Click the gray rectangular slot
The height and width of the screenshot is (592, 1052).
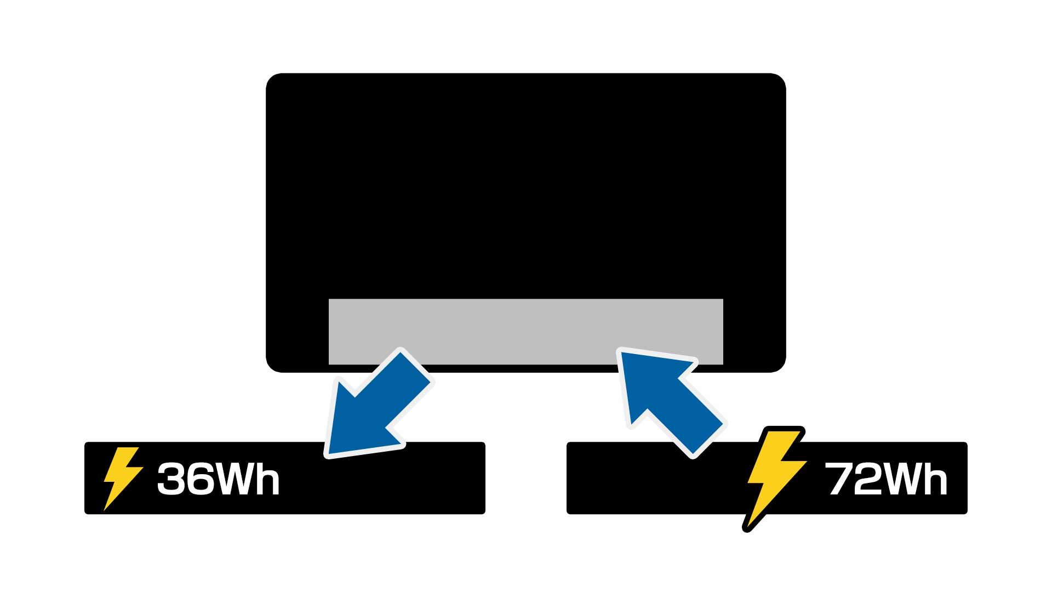click(526, 329)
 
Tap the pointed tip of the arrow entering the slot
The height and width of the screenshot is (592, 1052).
click(621, 352)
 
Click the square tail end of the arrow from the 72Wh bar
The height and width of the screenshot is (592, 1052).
click(707, 439)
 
